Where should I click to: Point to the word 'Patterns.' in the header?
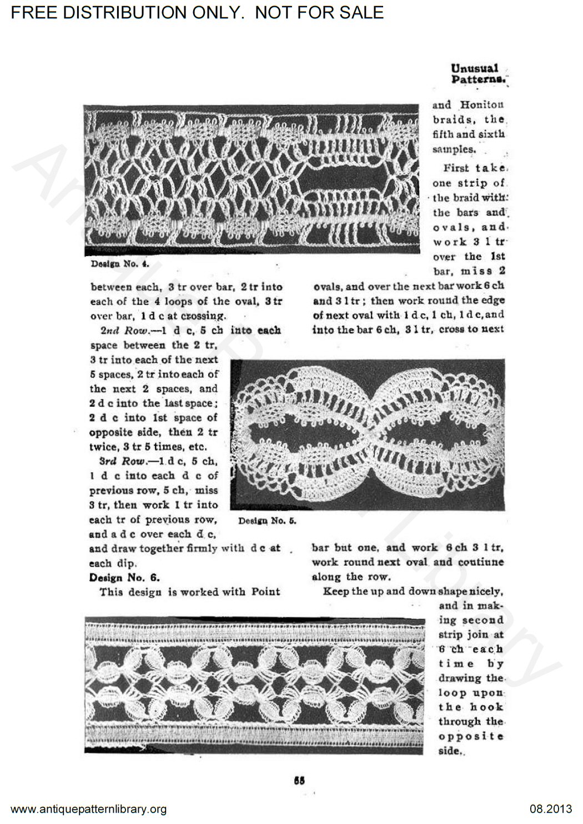[478, 80]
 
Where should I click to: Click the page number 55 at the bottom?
[299, 779]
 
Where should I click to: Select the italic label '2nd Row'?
[128, 331]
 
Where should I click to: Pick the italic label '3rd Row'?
[128, 461]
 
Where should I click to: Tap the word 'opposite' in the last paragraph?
[471, 736]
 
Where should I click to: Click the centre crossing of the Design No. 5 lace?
[370, 435]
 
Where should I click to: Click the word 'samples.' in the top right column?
[454, 149]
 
